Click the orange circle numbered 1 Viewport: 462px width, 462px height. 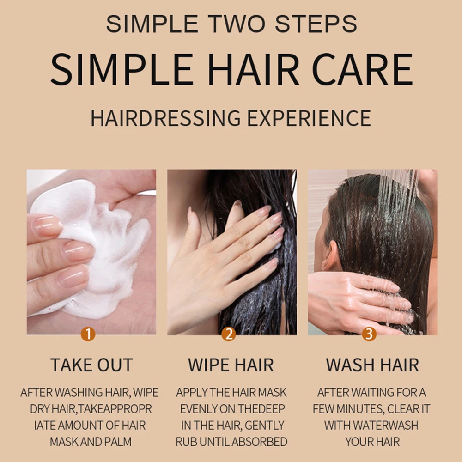88,334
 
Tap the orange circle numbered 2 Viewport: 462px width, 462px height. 228,334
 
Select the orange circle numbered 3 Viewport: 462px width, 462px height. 369,334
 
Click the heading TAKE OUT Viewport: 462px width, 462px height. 91,365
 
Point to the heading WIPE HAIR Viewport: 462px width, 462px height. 231,365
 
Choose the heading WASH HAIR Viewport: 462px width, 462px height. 372,365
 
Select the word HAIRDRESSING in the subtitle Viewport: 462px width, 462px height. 165,118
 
